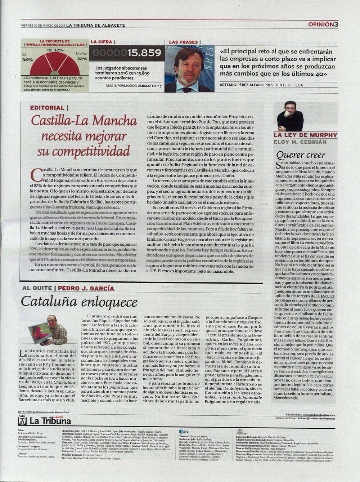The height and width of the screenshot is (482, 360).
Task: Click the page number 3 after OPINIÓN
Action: tap(336, 24)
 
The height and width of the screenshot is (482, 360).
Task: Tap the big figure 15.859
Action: tap(144, 53)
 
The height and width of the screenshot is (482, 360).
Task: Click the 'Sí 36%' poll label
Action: tap(27, 57)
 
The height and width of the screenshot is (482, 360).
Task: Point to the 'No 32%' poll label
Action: tap(55, 50)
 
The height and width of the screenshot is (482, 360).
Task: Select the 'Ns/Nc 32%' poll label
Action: tap(82, 56)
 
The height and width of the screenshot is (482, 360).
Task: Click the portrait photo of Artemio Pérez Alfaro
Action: tap(189, 69)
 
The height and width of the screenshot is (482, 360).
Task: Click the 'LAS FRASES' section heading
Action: tap(184, 42)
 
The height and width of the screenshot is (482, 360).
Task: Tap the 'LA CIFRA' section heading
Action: tap(101, 42)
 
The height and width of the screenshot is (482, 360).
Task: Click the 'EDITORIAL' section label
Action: tap(47, 108)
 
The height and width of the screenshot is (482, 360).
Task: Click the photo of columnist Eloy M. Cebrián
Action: tap(290, 116)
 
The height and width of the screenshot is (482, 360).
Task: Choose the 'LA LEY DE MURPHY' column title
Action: tap(305, 135)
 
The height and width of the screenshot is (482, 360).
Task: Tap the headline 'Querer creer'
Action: tap(301, 155)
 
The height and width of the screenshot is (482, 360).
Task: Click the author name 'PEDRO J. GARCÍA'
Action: tap(86, 288)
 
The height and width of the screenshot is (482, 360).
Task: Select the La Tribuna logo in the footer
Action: tap(44, 421)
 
